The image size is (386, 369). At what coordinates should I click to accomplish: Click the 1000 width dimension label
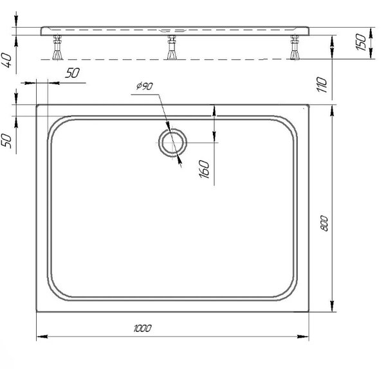pos(142,328)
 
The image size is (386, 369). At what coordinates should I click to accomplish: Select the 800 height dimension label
pos(324,223)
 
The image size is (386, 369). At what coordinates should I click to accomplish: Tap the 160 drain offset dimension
pos(204,169)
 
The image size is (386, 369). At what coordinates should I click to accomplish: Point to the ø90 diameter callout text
pos(145,86)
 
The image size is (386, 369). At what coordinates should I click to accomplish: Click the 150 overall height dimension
pos(361,42)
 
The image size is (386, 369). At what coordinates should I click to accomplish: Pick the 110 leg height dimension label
pos(322,84)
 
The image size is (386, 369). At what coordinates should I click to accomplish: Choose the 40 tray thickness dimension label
pos(6,60)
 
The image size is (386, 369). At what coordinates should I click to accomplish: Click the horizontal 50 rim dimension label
pos(72,73)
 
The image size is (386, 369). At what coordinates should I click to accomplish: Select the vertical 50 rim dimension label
pos(6,141)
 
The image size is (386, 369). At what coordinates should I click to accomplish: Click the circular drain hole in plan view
pos(160,143)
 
